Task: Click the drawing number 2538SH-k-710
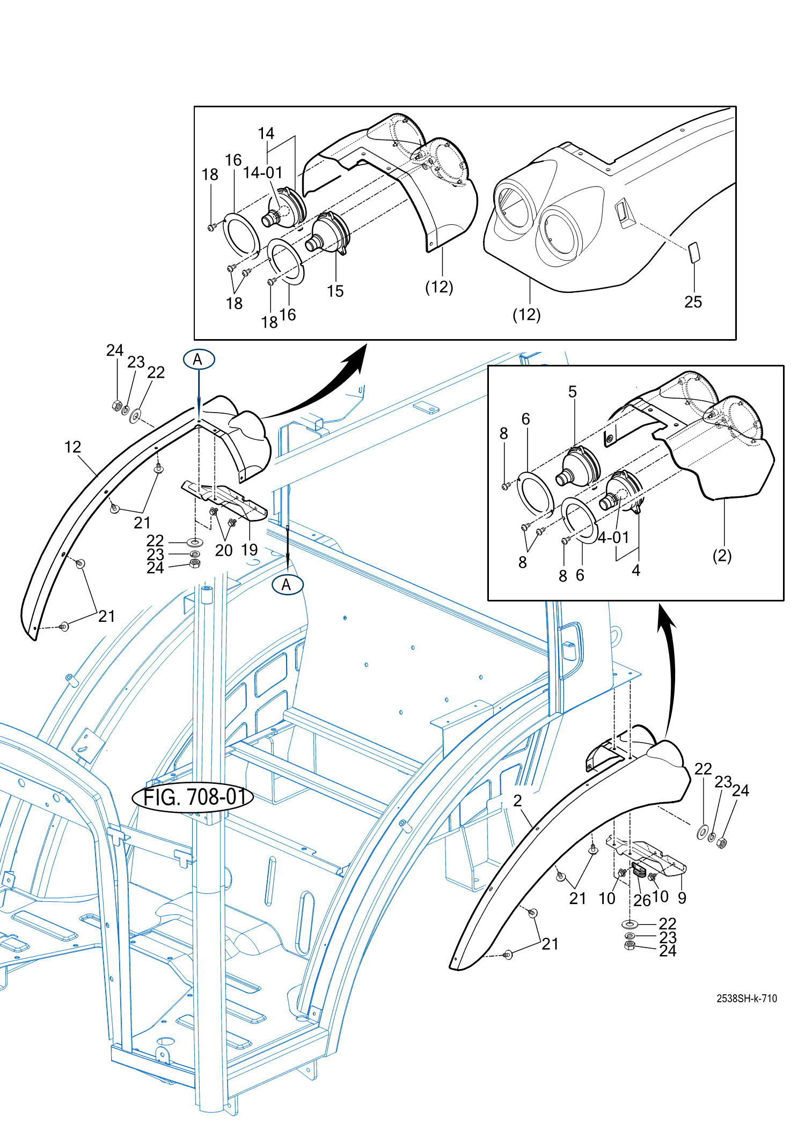(746, 998)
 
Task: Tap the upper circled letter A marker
(199, 359)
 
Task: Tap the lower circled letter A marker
(287, 585)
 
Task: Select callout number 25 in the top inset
(693, 302)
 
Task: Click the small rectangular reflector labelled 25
(694, 252)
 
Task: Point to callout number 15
(335, 291)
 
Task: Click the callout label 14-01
(262, 173)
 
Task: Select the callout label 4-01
(613, 537)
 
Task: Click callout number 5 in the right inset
(573, 392)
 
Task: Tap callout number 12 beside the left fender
(72, 447)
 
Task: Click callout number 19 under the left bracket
(250, 550)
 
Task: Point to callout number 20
(224, 550)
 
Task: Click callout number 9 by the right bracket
(682, 898)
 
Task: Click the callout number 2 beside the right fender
(517, 801)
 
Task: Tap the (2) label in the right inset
(722, 556)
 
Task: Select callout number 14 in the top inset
(266, 134)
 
